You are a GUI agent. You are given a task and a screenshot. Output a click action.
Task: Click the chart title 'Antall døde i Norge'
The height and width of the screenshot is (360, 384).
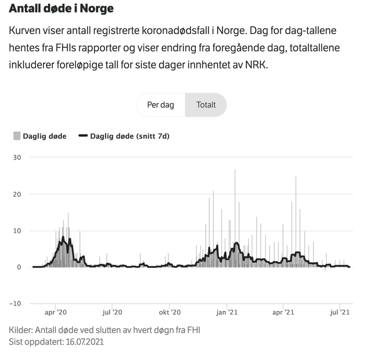click(x=61, y=8)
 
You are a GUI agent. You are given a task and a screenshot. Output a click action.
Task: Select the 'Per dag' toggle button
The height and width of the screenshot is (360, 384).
click(x=160, y=105)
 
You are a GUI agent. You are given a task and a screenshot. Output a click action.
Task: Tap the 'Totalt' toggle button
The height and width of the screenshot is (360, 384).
click(x=206, y=105)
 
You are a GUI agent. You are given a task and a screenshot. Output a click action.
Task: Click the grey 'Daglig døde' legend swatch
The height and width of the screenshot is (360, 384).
click(x=16, y=135)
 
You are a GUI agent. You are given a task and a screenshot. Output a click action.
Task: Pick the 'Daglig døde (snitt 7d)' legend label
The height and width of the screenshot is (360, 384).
click(x=129, y=135)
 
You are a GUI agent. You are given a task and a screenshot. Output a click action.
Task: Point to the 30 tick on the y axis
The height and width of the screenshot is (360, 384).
click(x=17, y=157)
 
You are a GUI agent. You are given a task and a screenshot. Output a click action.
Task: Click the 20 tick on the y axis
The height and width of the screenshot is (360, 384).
click(x=17, y=194)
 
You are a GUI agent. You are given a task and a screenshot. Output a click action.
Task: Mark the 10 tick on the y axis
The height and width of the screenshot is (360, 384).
click(x=17, y=230)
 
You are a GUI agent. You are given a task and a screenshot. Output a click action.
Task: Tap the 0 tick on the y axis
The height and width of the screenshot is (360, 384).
click(x=19, y=267)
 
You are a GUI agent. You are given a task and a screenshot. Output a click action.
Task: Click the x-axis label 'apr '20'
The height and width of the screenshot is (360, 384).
click(x=55, y=313)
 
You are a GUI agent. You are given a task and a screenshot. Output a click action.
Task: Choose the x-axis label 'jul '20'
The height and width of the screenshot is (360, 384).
click(x=112, y=313)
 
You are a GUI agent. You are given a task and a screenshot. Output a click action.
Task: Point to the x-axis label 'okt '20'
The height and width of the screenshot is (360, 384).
click(x=169, y=313)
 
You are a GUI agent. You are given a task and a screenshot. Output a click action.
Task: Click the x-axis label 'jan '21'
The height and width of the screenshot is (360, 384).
click(x=227, y=313)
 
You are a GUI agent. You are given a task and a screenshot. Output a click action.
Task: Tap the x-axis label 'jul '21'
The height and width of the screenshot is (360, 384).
click(x=340, y=313)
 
